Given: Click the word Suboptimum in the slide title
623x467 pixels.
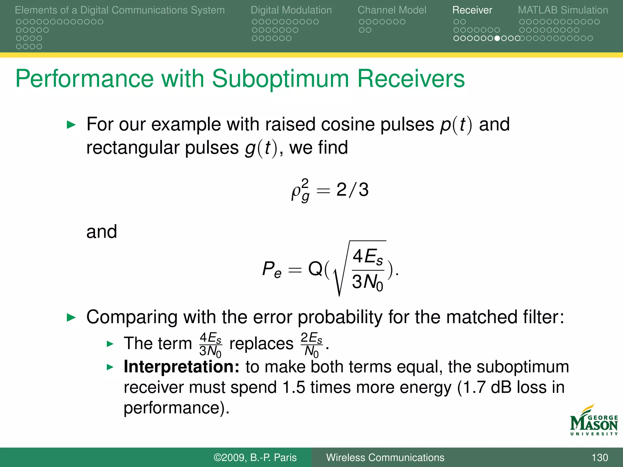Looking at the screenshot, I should point(280,79).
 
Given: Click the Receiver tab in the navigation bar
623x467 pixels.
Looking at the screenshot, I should point(472,10).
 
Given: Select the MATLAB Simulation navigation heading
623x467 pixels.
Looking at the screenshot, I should point(563,10).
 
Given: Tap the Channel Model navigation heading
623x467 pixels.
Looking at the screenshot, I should point(392,10).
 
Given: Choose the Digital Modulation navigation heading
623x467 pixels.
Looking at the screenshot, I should point(291,10).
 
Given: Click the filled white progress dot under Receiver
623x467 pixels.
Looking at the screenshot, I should point(497,38).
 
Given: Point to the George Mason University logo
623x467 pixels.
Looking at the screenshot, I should point(593,421).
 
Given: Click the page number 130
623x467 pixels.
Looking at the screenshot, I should point(600,458).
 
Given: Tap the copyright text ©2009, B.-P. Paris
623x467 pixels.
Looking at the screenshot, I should point(255,458).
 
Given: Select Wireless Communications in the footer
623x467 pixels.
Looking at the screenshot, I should point(385,458).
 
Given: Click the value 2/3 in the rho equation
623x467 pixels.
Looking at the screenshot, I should point(352,190).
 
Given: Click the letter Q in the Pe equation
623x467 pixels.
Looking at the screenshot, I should point(315,269).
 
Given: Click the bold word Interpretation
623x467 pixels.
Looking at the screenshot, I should point(181,367).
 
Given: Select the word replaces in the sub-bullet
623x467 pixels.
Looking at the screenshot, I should point(261,344).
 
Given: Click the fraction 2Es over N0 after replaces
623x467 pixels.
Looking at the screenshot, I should point(311,344).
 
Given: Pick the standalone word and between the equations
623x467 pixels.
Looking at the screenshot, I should point(102,232).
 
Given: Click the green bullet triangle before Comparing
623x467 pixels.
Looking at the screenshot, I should point(71,318).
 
